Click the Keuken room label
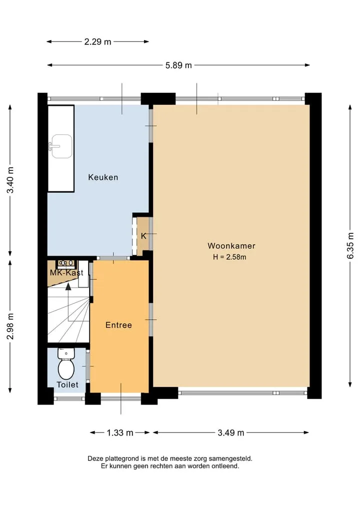103,177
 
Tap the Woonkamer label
231,246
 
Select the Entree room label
118,325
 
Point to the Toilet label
67,385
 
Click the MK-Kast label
66,273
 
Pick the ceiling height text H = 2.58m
229,257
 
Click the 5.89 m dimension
178,65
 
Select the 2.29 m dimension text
97,42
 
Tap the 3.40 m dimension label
10,180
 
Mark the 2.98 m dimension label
10,326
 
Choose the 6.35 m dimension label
350,246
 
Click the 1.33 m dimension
120,433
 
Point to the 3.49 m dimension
231,433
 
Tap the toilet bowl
66,369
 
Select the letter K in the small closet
143,236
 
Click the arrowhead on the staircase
68,286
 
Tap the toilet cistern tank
66,353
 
